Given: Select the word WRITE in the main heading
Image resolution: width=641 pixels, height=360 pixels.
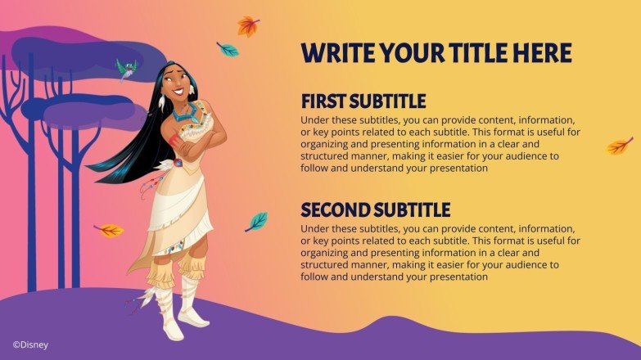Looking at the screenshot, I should click(339, 53).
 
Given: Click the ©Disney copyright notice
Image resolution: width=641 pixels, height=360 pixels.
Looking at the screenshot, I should click(30, 344).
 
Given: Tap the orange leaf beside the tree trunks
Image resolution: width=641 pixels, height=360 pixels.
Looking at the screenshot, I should click(109, 230).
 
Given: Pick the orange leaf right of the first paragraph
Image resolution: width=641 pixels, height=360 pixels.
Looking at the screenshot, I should click(619, 146).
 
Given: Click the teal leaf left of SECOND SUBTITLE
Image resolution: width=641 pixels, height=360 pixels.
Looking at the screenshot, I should click(257, 221).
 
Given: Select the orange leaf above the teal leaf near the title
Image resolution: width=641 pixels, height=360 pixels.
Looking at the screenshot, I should click(248, 26).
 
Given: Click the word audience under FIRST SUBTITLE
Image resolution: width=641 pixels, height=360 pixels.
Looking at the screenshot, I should click(533, 155).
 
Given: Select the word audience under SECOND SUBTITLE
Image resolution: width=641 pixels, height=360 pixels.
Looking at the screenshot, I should click(533, 264).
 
